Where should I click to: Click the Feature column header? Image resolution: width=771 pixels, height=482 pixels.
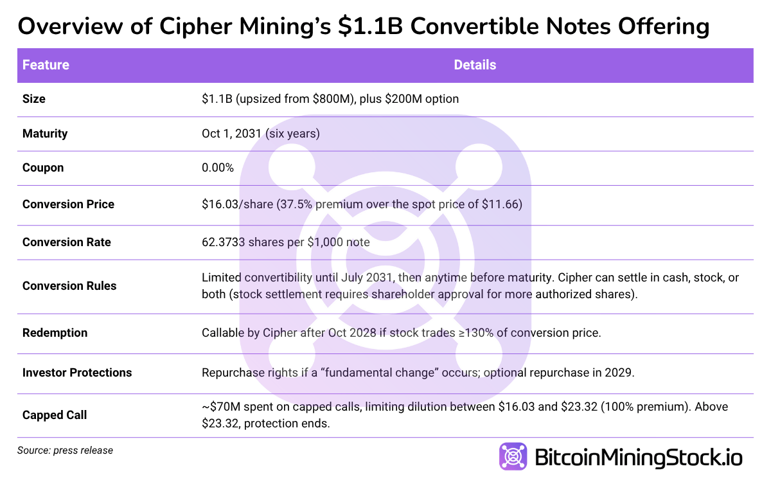point(46,65)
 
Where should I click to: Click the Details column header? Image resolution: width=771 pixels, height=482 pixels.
point(475,65)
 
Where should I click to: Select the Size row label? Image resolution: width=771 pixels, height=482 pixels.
point(34,99)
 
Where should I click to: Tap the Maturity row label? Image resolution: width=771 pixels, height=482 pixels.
point(45,134)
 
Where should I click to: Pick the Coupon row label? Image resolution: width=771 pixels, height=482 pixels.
point(43,168)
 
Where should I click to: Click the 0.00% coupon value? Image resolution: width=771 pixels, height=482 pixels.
point(218,168)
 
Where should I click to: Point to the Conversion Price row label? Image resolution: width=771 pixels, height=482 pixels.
point(68,204)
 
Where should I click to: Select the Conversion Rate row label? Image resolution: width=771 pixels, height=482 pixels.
point(66,242)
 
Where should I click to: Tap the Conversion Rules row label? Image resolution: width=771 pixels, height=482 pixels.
point(69,286)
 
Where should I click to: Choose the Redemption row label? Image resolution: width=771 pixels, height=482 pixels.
point(55,333)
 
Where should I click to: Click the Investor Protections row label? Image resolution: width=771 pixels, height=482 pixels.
point(77,373)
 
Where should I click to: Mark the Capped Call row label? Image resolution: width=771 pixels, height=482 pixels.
point(55,415)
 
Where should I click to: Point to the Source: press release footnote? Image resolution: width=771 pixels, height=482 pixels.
point(65,451)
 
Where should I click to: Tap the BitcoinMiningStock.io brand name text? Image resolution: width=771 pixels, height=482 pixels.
point(639,458)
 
